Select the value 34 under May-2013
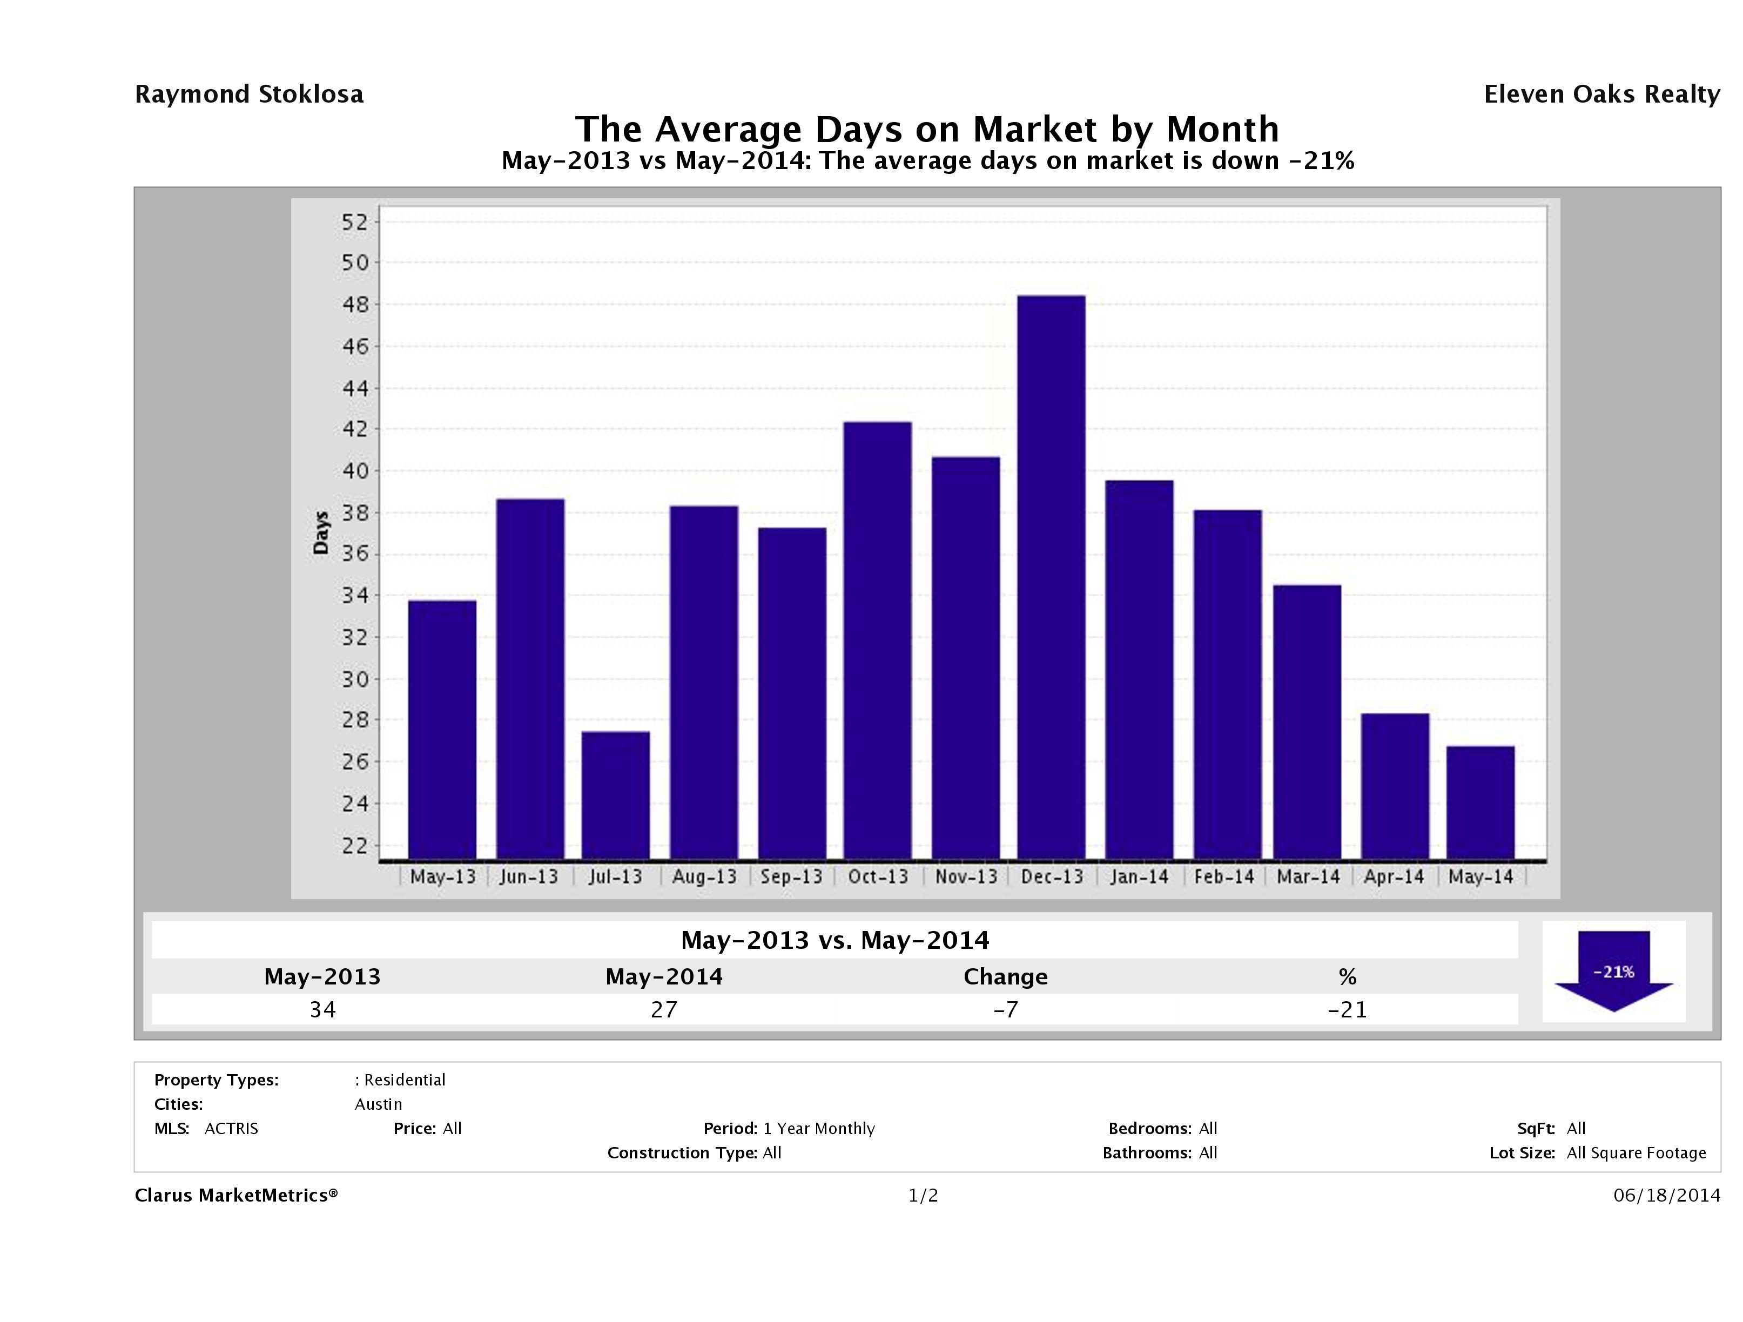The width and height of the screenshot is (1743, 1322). click(x=322, y=1009)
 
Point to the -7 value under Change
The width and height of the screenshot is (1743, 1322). click(x=1006, y=1009)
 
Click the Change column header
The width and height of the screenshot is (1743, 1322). click(x=1006, y=977)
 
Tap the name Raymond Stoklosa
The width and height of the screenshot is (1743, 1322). click(x=249, y=95)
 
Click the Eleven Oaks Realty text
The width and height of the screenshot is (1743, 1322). click(x=1601, y=95)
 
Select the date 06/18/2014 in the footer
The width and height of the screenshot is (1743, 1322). click(x=1666, y=1195)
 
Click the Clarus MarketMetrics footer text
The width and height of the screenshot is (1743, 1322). click(x=235, y=1195)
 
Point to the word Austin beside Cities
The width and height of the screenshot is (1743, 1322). click(x=378, y=1104)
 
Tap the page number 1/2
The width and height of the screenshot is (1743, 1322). click(x=923, y=1195)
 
